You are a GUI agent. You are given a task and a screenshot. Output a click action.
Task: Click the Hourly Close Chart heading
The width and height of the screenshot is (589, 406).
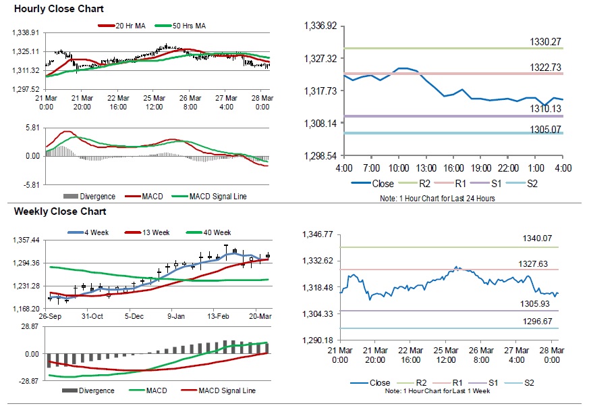click(x=49, y=9)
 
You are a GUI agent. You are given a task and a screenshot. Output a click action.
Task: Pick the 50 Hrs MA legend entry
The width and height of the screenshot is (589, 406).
click(x=188, y=26)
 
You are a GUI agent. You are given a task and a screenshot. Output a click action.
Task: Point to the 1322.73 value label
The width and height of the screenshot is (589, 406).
click(x=545, y=67)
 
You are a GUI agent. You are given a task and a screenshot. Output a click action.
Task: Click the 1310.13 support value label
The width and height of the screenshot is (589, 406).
click(x=545, y=108)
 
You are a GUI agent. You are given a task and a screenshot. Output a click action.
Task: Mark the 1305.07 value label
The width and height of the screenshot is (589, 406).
click(x=545, y=128)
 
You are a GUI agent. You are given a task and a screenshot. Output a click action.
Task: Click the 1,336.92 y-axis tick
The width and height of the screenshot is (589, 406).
click(x=321, y=26)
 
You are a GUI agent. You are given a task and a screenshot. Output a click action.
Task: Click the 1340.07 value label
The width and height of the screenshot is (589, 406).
click(x=538, y=238)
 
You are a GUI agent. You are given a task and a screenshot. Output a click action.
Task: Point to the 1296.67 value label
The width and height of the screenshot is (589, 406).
click(x=538, y=322)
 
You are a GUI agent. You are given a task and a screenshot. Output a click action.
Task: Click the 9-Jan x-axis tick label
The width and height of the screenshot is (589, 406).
click(x=175, y=316)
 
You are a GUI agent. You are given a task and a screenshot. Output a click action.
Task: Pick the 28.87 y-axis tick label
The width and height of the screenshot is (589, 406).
click(x=28, y=326)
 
